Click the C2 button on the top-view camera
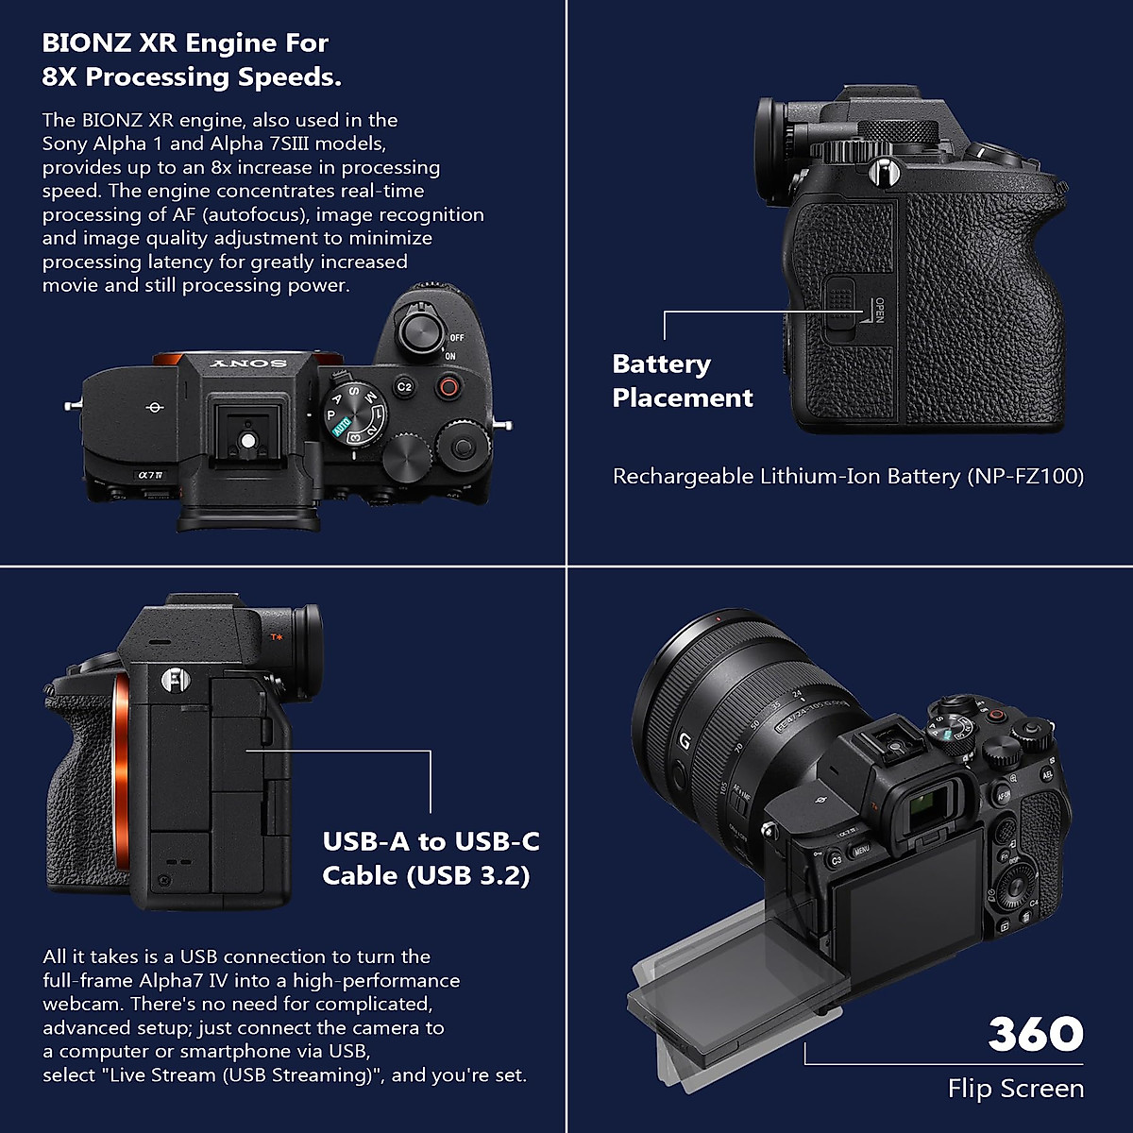click(x=404, y=386)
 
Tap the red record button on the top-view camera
click(x=448, y=386)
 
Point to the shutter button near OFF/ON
click(x=419, y=331)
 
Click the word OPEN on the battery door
click(x=878, y=311)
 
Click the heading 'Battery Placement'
click(x=682, y=380)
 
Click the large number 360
click(x=1035, y=1034)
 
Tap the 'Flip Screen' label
click(x=1015, y=1089)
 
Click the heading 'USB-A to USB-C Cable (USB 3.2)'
click(x=431, y=858)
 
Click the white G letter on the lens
click(x=685, y=741)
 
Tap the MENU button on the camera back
click(x=861, y=851)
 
